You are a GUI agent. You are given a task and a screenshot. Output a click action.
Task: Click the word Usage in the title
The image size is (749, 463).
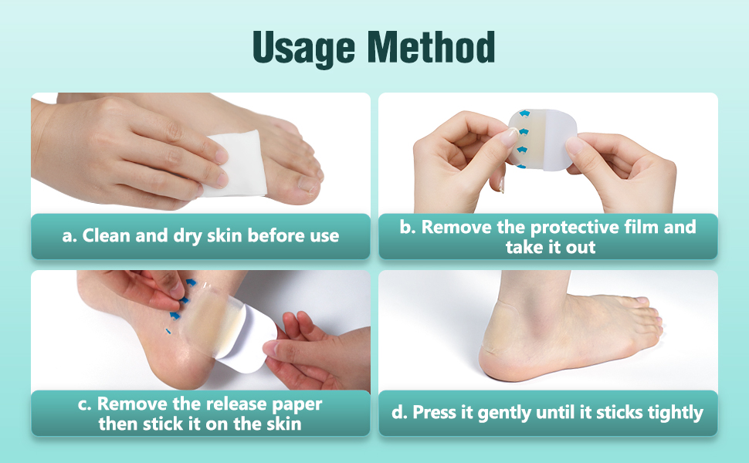click(x=303, y=48)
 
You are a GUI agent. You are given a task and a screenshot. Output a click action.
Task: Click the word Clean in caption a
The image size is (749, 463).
click(x=107, y=236)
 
